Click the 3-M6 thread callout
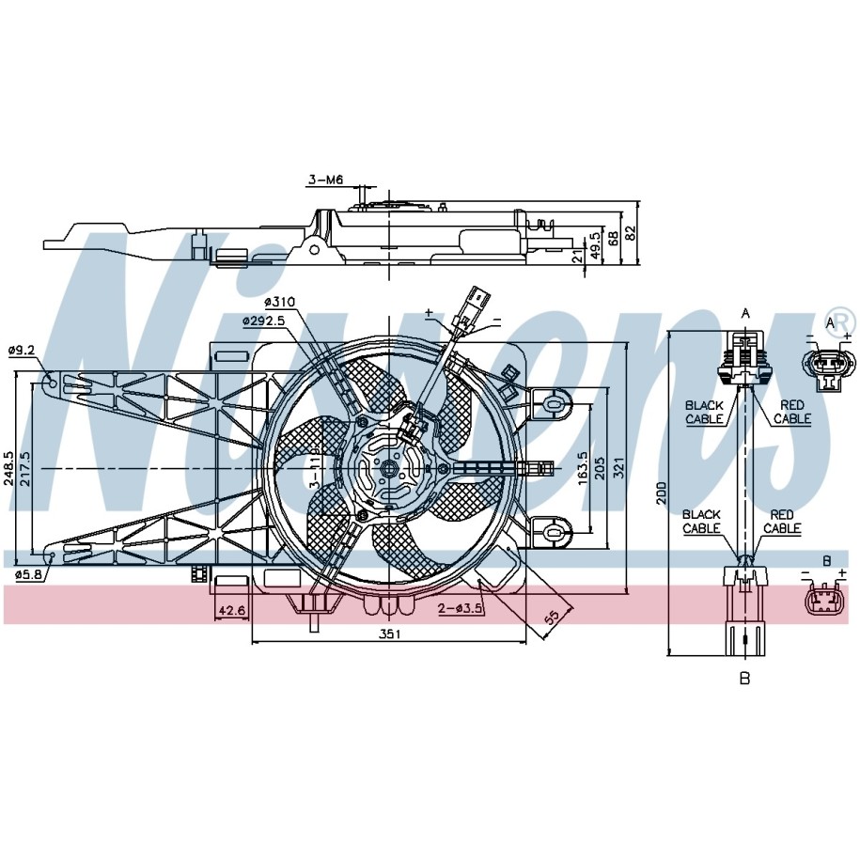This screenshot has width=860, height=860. click(x=326, y=180)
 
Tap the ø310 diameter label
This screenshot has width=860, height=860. click(x=279, y=301)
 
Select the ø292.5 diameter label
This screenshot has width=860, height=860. click(x=264, y=321)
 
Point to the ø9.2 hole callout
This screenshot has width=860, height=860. click(x=22, y=350)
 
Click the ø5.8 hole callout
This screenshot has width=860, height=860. click(x=28, y=575)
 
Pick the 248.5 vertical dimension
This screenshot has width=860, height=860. click(x=8, y=468)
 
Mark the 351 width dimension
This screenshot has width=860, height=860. click(x=390, y=634)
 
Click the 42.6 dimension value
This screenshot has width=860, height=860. click(x=232, y=610)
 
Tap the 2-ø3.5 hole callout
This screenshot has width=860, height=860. click(x=461, y=608)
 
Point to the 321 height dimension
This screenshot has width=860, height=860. click(x=619, y=468)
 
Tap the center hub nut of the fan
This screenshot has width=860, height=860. click(x=389, y=468)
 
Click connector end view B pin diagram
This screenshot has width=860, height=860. click(x=825, y=600)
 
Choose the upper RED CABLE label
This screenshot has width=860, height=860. click(x=792, y=412)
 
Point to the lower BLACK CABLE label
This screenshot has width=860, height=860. click(x=701, y=521)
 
